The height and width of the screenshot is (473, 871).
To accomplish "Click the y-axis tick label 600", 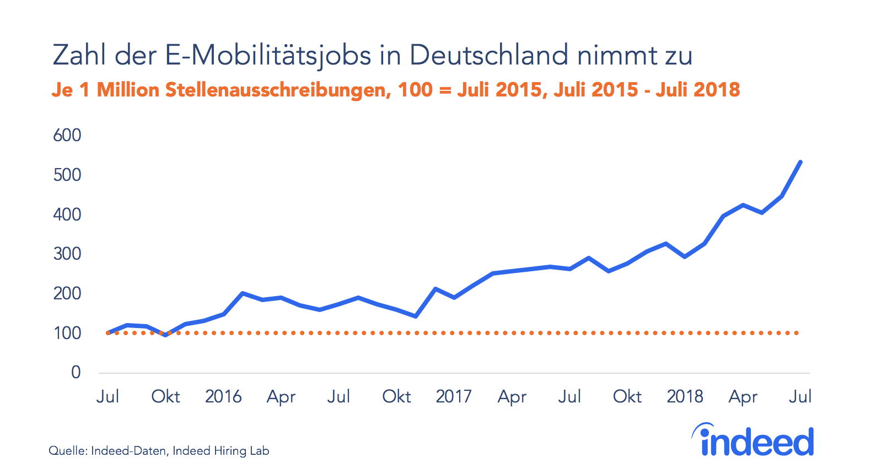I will pyautogui.click(x=67, y=135).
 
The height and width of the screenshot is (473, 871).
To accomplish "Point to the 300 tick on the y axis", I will pyautogui.click(x=67, y=254).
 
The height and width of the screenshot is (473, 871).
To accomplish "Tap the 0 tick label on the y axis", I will pyautogui.click(x=76, y=372).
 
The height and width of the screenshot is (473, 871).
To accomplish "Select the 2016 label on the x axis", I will pyautogui.click(x=223, y=396).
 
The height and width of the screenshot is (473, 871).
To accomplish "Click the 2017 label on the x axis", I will pyautogui.click(x=454, y=396).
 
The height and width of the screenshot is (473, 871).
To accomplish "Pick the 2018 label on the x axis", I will pyautogui.click(x=685, y=396).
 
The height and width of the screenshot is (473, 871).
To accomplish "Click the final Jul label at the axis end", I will pyautogui.click(x=800, y=396).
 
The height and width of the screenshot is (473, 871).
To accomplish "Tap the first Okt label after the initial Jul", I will pyautogui.click(x=165, y=396).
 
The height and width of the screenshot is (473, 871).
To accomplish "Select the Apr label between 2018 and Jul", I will pyautogui.click(x=743, y=397).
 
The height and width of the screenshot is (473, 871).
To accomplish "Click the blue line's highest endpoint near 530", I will pyautogui.click(x=800, y=162).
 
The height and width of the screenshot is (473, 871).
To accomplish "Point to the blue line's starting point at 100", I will pyautogui.click(x=108, y=333).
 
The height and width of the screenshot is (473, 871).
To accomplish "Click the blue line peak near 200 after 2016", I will pyautogui.click(x=243, y=293).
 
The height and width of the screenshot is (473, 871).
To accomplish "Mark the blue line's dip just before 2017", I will pyautogui.click(x=416, y=316).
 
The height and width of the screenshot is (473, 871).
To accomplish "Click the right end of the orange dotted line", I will pyautogui.click(x=797, y=333).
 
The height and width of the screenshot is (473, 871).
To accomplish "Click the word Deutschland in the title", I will pyautogui.click(x=488, y=55).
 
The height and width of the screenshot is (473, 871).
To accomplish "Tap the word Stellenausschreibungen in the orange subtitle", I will pyautogui.click(x=278, y=90).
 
